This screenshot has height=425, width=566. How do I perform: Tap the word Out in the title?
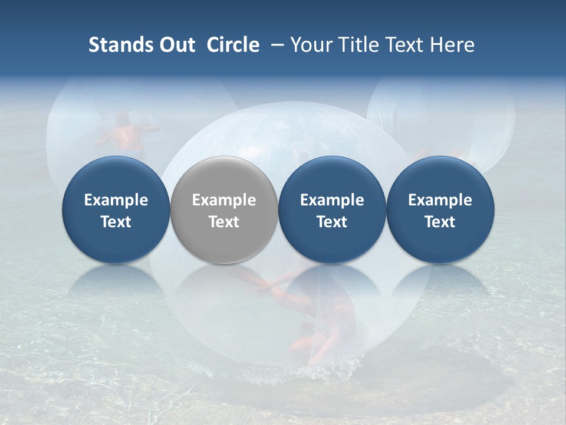coord(176,45)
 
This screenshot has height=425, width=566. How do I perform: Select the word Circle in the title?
coord(233,45)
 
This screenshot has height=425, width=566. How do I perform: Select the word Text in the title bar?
coord(408,45)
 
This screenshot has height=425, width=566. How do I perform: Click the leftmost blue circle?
coord(116,177)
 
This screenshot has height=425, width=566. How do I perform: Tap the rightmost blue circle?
coord(440,177)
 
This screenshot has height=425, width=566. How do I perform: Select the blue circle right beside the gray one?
coord(332,177)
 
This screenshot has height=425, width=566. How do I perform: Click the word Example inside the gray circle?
coord(224,200)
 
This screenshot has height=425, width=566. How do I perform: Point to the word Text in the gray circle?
coord(224,222)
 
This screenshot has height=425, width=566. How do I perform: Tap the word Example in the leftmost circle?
coord(116,200)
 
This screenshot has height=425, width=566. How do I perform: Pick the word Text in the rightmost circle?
coord(440,222)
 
